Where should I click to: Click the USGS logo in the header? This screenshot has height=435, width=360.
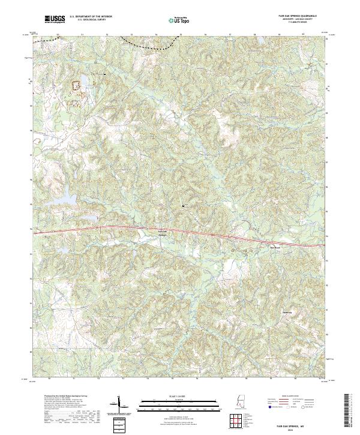tap(55, 19)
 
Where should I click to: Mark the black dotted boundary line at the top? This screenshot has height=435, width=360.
tap(147, 44)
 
